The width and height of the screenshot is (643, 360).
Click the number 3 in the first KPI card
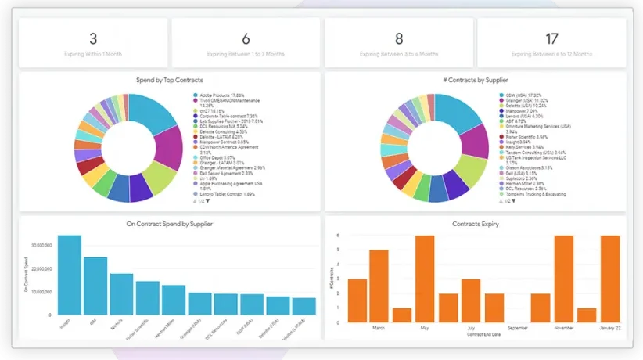[93, 38]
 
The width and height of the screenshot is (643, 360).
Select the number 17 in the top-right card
[551, 38]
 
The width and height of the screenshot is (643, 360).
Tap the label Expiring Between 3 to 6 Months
[399, 54]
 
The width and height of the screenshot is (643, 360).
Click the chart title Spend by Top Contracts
[170, 80]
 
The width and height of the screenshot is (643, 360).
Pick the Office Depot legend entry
[214, 157]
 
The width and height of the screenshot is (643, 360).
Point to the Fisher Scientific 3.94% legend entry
[526, 137]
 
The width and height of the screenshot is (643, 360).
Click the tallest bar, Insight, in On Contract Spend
[69, 275]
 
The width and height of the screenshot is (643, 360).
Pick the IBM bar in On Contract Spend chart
[95, 286]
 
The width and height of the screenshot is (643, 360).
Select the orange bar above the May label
[425, 279]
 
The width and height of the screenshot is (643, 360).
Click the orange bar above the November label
[563, 279]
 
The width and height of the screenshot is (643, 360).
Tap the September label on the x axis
[517, 329]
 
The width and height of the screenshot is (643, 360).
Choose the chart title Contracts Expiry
[476, 224]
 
